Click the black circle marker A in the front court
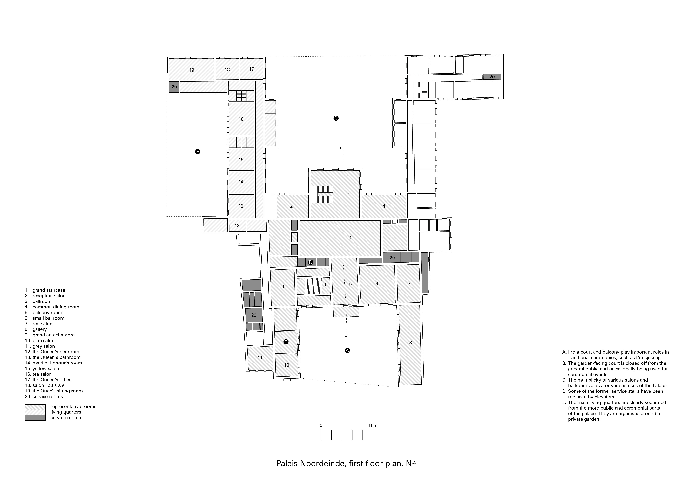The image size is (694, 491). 347,350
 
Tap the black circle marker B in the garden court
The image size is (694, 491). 336,118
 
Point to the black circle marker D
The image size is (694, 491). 310,262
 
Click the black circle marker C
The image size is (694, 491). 286,342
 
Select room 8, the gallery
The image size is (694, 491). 410,343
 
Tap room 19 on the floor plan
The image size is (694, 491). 192,70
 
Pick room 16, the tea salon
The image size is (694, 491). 241,119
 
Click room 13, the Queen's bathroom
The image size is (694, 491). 237,225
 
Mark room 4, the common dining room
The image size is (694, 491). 384,206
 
